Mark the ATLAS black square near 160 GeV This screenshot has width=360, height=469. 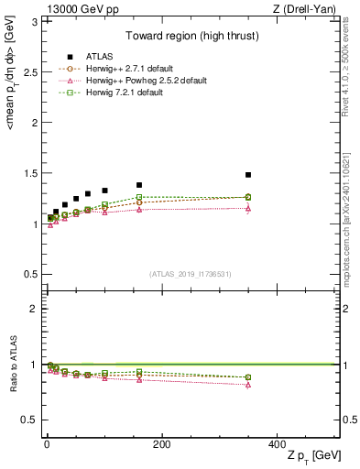139,185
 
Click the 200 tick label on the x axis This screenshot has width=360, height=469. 161,444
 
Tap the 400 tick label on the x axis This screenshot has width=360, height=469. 277,444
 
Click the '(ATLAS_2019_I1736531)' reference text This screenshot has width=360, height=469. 191,273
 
